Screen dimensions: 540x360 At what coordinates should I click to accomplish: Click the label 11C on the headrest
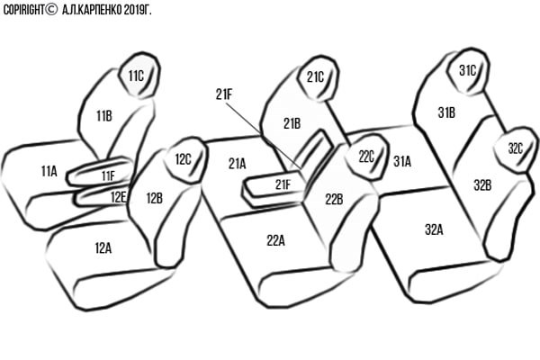[x=136, y=76]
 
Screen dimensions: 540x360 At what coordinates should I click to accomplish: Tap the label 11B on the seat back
[x=104, y=116]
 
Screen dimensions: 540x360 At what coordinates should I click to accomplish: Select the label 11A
[x=49, y=171]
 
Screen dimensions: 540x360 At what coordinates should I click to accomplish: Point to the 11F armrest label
[x=108, y=176]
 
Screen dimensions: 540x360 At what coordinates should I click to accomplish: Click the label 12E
[x=118, y=197]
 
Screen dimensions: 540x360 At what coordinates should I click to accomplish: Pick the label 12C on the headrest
[x=183, y=159]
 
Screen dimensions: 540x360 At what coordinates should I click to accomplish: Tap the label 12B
[x=154, y=198]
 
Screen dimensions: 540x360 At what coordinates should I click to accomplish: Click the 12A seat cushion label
[x=103, y=248]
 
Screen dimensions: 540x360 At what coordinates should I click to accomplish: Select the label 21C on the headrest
[x=315, y=77]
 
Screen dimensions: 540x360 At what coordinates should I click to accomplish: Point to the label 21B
[x=292, y=123]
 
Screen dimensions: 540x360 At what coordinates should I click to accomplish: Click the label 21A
[x=237, y=164]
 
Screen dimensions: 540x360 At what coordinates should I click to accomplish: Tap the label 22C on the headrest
[x=366, y=157]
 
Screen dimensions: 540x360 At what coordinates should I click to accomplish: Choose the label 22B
[x=334, y=200]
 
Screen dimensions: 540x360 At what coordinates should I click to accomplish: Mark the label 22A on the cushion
[x=275, y=241]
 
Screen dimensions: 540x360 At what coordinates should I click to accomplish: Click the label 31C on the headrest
[x=467, y=70]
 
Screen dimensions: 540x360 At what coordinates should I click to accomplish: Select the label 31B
[x=446, y=112]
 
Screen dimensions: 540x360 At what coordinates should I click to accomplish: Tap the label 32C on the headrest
[x=515, y=148]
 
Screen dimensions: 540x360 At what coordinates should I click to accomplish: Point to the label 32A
[x=434, y=229]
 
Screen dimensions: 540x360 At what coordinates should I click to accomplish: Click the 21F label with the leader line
[x=224, y=94]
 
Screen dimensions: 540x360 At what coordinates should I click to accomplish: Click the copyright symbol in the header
[x=51, y=10]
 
